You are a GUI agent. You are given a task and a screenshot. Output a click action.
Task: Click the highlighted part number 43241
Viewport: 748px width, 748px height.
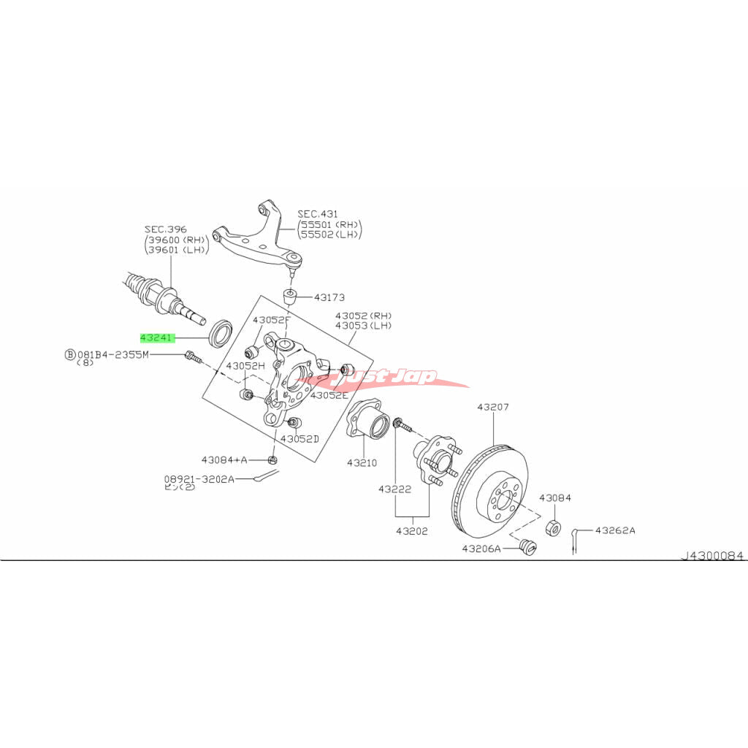(157, 338)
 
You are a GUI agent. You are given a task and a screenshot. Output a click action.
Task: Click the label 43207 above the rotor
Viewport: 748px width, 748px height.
(493, 407)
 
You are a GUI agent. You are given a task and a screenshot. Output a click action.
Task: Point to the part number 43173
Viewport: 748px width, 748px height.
(329, 297)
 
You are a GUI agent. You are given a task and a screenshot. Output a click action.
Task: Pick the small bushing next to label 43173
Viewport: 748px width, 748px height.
(291, 297)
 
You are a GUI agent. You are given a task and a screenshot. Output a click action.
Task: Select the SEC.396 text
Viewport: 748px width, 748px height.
(164, 229)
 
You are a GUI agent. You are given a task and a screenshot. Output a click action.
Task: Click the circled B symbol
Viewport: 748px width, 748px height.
(70, 354)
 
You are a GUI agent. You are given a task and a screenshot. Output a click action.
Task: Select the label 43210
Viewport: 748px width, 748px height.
(362, 462)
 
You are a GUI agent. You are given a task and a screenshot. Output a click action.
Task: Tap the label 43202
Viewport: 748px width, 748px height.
(413, 531)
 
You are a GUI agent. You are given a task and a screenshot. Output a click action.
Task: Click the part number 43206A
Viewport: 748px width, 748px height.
(481, 548)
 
